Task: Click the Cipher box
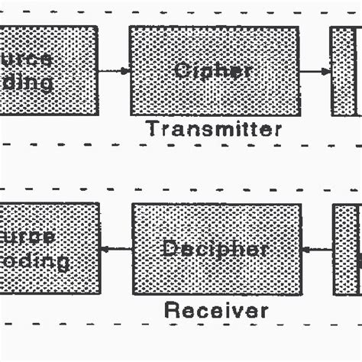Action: click(x=213, y=70)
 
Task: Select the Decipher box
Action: click(x=216, y=248)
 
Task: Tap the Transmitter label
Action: click(x=214, y=129)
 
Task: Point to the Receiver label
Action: click(x=216, y=310)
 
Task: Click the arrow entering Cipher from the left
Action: click(x=114, y=71)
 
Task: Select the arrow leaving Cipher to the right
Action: click(x=315, y=71)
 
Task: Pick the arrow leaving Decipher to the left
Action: click(x=116, y=248)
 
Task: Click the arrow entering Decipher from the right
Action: click(x=317, y=249)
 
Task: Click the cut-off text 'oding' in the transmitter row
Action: click(x=27, y=82)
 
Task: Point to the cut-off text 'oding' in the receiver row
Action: click(x=34, y=261)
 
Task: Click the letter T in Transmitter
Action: click(x=152, y=129)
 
